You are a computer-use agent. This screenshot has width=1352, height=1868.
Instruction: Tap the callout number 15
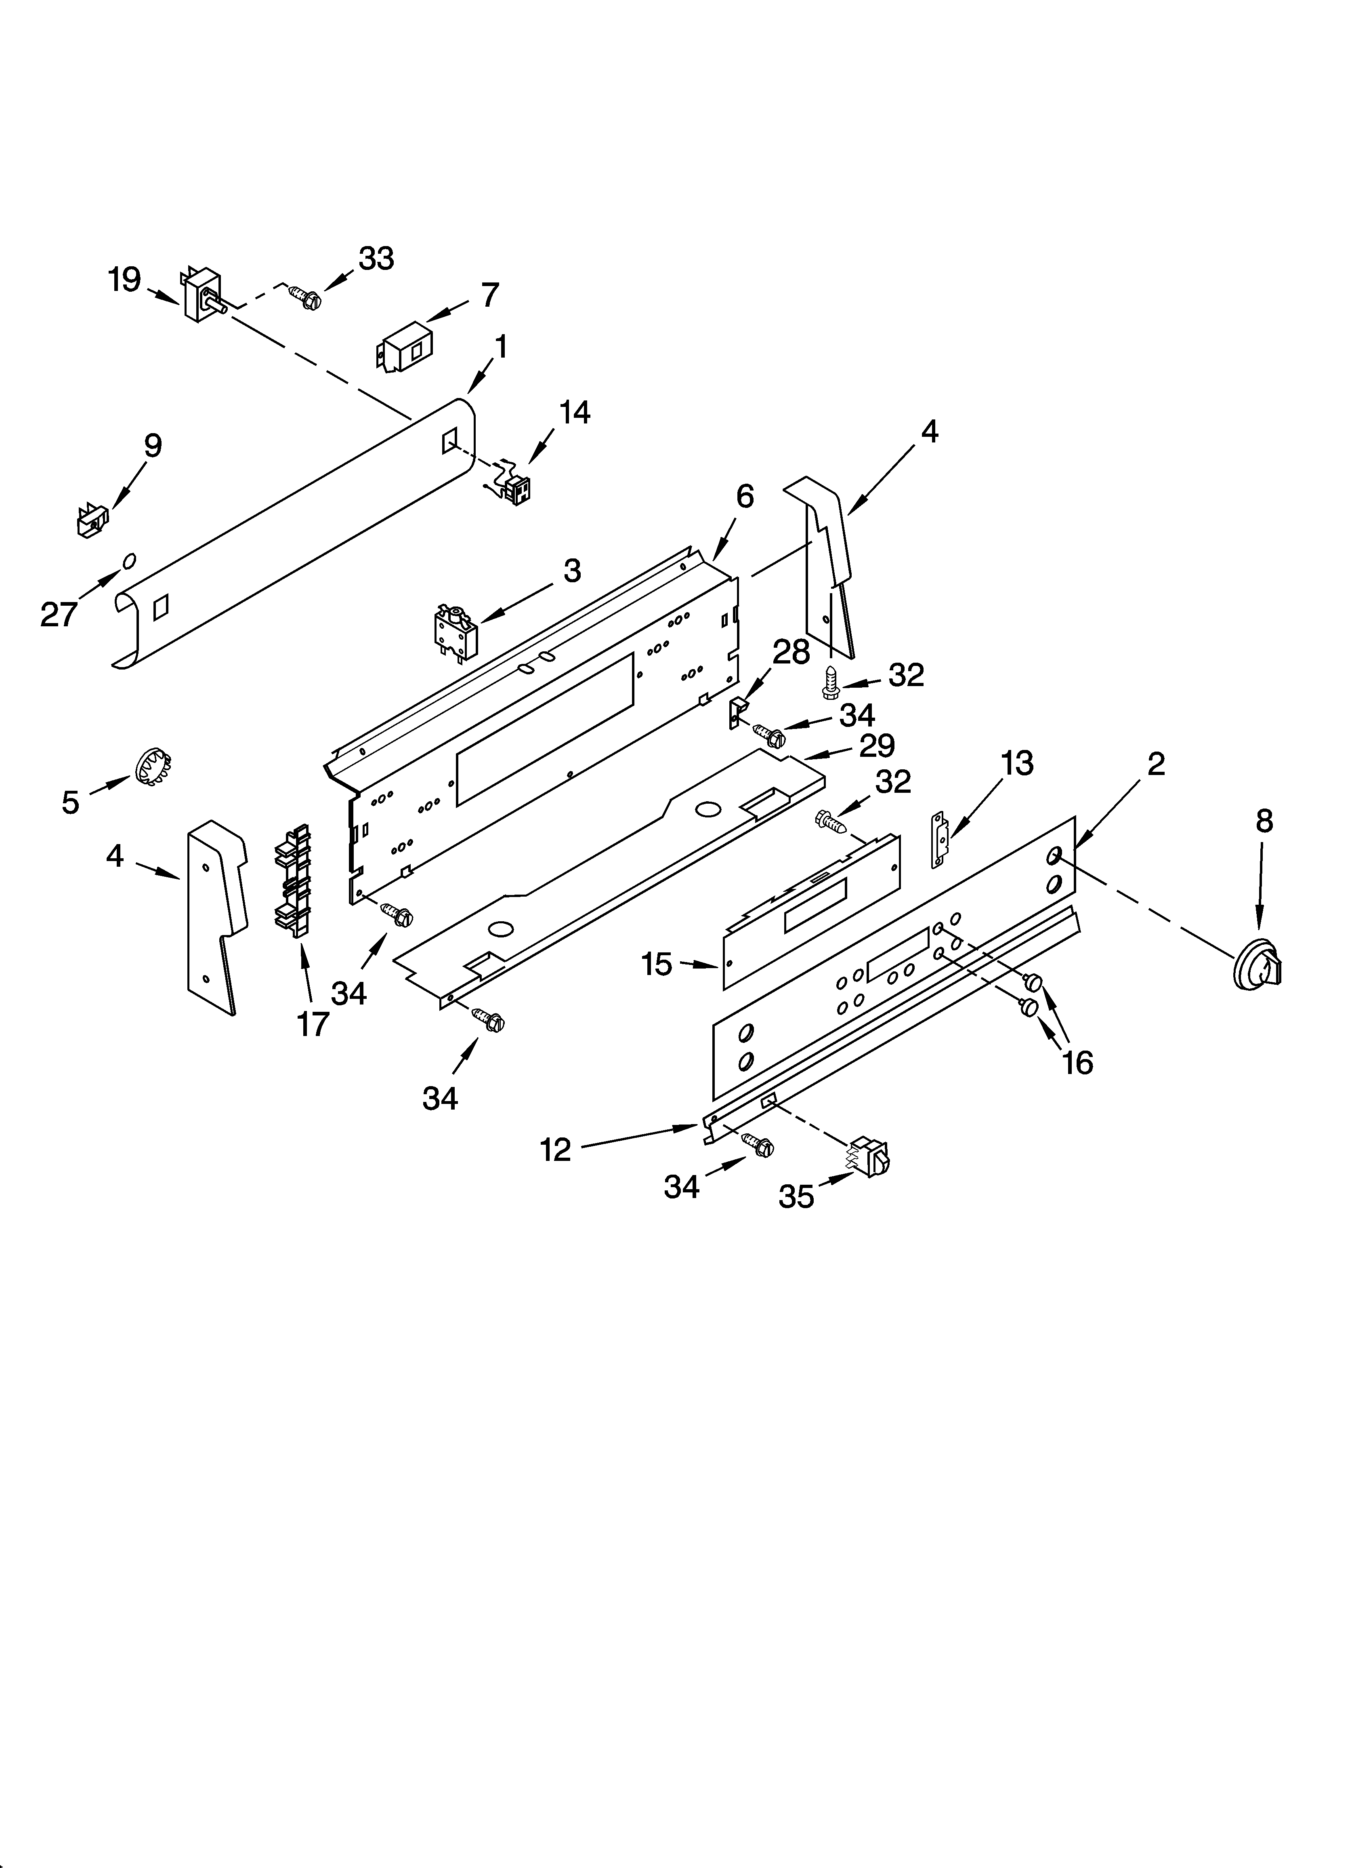(656, 964)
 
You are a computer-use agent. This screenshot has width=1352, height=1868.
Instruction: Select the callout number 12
(556, 1149)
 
